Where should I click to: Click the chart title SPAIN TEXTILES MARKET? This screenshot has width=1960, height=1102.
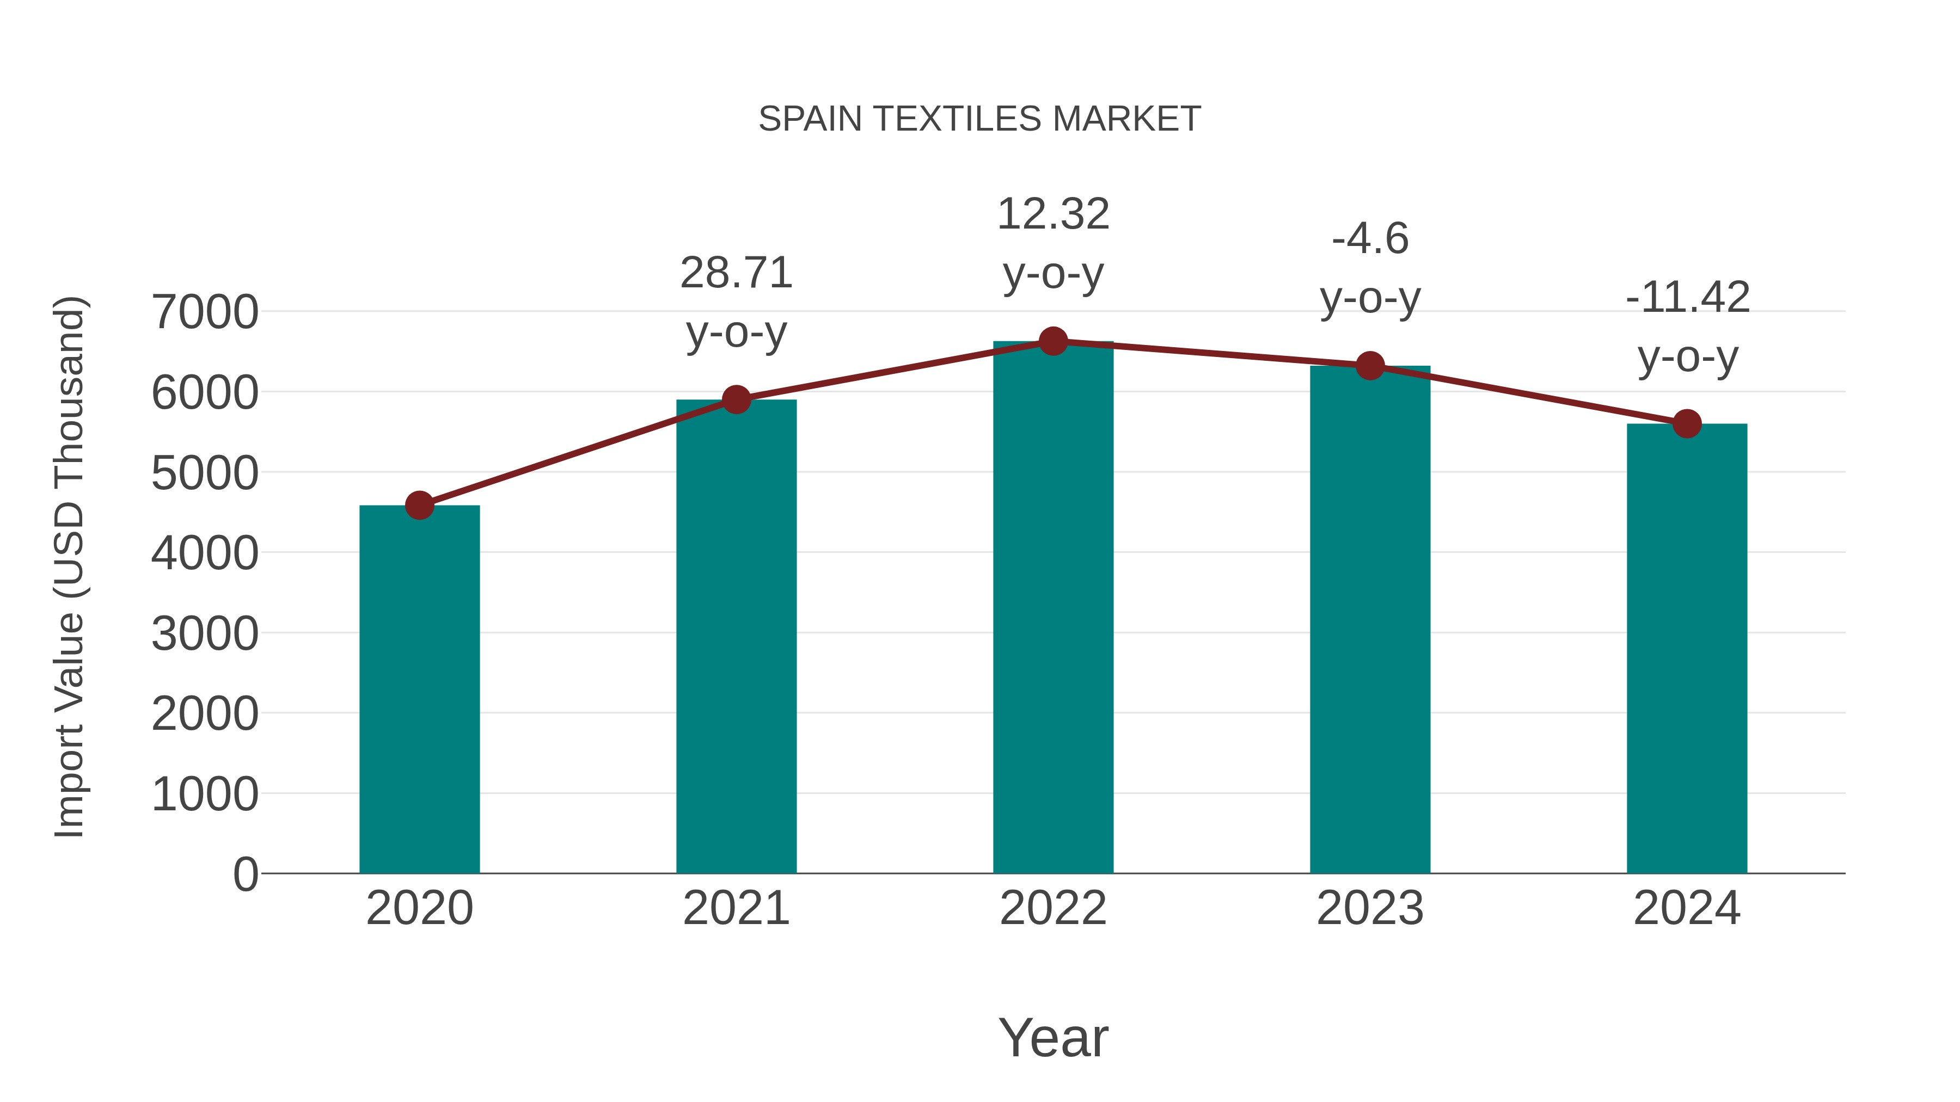click(979, 119)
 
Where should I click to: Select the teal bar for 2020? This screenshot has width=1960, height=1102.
click(419, 688)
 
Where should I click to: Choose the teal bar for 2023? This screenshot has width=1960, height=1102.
click(1370, 619)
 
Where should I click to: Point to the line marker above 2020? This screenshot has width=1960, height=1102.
click(419, 505)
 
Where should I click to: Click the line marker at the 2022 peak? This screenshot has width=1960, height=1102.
click(1053, 341)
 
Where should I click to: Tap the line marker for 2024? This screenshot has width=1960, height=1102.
click(1687, 423)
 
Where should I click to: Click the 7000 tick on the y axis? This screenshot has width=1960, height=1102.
click(205, 312)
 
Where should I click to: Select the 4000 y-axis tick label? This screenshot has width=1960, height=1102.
click(205, 553)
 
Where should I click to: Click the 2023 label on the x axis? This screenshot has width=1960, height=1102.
click(1370, 908)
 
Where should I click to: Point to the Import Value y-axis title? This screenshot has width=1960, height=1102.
click(69, 567)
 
